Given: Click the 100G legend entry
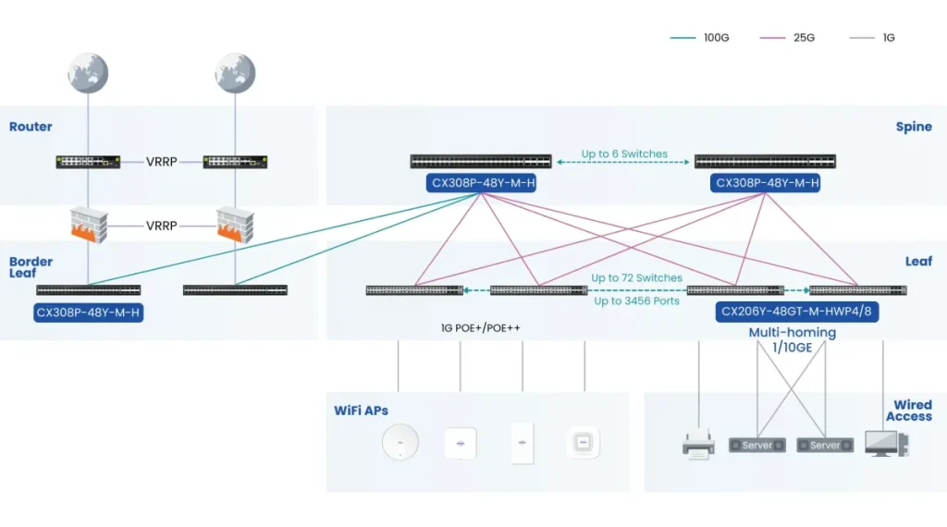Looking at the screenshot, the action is point(699,37).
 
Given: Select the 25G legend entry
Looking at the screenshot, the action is point(787,37).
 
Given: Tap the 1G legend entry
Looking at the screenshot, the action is point(872,37).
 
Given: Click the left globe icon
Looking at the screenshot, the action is point(88,73).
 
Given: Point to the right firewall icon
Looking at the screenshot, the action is point(235,226).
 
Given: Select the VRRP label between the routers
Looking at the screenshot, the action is point(161,162).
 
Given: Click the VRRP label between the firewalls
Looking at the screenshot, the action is point(161,226).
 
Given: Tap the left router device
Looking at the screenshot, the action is point(88,162).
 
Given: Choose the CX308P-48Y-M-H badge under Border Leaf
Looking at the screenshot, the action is point(88,313).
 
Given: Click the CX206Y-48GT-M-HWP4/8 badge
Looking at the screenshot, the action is point(796,312).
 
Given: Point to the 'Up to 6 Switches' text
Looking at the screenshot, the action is point(624,153).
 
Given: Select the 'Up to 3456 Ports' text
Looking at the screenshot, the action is point(636,300).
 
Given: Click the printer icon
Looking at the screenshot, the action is point(698,445).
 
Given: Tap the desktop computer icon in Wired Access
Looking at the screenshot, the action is point(887,444).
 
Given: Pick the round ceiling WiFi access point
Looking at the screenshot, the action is point(400,443).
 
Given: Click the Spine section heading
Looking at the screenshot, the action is point(914,127).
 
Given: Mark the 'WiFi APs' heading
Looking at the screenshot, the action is point(362,411).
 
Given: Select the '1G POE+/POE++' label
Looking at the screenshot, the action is point(480,328).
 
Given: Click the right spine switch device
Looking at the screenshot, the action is point(765,161).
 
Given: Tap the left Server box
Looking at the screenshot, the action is point(757,446).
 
